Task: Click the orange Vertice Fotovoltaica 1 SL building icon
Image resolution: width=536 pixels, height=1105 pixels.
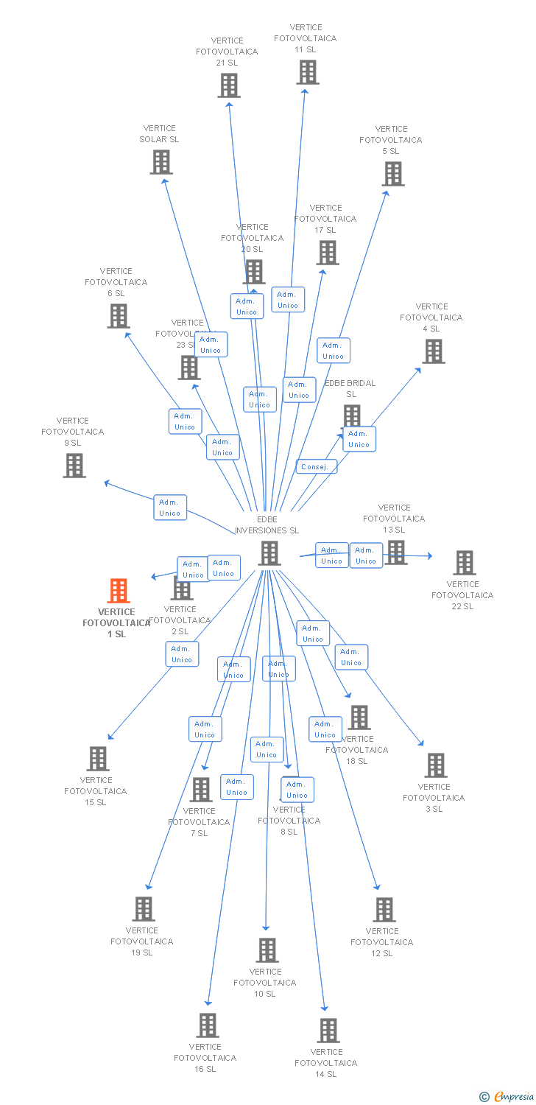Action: pos(119,591)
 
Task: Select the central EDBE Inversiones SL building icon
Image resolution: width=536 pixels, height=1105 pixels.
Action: pos(269,553)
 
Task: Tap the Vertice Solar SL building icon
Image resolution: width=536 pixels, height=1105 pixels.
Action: pos(161,162)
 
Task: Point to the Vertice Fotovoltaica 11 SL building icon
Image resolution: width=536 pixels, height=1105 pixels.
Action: pos(308,72)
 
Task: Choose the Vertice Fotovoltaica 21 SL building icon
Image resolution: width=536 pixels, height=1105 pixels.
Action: pos(229,85)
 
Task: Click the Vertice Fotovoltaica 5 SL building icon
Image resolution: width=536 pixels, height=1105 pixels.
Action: pos(393,174)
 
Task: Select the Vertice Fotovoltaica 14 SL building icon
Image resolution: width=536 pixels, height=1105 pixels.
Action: pos(328,1030)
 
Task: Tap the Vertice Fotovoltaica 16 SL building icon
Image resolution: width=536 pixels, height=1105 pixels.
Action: pos(208,1025)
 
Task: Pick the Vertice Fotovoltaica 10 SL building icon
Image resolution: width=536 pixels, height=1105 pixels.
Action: pos(267,950)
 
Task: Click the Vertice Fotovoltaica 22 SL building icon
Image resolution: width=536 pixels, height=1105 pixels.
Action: pos(464,563)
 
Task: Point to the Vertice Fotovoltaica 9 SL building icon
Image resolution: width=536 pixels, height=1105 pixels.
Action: pos(74,466)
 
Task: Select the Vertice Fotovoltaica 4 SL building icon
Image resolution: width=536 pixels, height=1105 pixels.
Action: pos(434,351)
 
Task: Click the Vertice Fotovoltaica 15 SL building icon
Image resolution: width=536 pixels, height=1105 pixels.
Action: pos(98,759)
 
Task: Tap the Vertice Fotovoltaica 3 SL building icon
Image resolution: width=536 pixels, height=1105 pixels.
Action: pos(436,765)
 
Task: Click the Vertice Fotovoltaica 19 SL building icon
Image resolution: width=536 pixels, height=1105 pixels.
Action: pos(144,909)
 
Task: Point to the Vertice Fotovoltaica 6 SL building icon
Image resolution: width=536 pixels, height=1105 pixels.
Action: pos(119,316)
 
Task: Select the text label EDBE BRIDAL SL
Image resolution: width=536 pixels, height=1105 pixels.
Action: pos(350,388)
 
